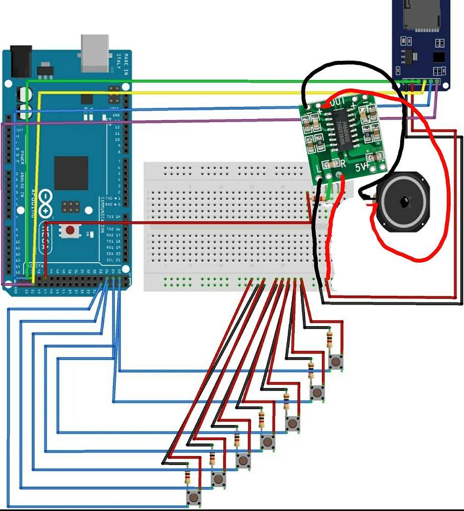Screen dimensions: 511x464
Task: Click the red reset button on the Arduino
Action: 69,230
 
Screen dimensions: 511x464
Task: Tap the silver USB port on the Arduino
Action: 95,52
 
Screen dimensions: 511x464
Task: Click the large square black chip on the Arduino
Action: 71,173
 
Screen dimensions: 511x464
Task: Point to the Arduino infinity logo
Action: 45,203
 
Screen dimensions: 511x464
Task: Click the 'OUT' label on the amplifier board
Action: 338,102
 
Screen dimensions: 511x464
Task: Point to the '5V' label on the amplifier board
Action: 361,167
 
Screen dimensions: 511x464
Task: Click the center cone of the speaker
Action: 404,202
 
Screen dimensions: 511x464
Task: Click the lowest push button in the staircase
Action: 194,497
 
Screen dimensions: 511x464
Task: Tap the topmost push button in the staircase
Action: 336,362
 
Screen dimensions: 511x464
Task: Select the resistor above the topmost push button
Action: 330,339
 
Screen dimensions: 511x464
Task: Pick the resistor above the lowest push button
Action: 188,478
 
